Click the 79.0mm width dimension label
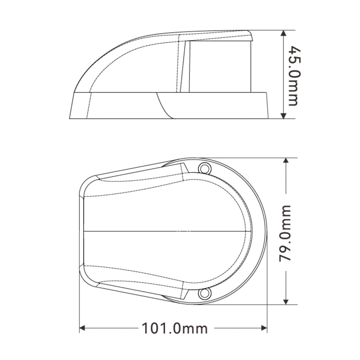(x=285, y=234)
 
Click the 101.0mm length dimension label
(x=175, y=328)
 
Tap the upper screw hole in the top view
(x=204, y=169)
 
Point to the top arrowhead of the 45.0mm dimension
(x=284, y=33)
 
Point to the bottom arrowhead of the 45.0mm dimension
(x=284, y=116)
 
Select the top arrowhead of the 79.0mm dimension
(x=286, y=161)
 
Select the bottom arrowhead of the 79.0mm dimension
(x=286, y=301)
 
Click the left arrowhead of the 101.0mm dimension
(x=83, y=328)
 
